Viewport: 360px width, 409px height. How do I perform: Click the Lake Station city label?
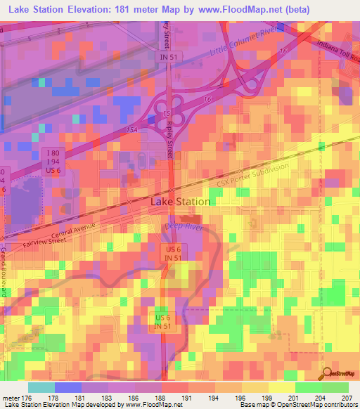click(x=181, y=202)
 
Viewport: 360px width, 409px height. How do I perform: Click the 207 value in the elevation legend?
click(x=346, y=398)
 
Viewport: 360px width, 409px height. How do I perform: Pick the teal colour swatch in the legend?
click(x=41, y=387)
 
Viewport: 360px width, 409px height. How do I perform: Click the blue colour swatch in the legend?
click(x=67, y=387)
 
